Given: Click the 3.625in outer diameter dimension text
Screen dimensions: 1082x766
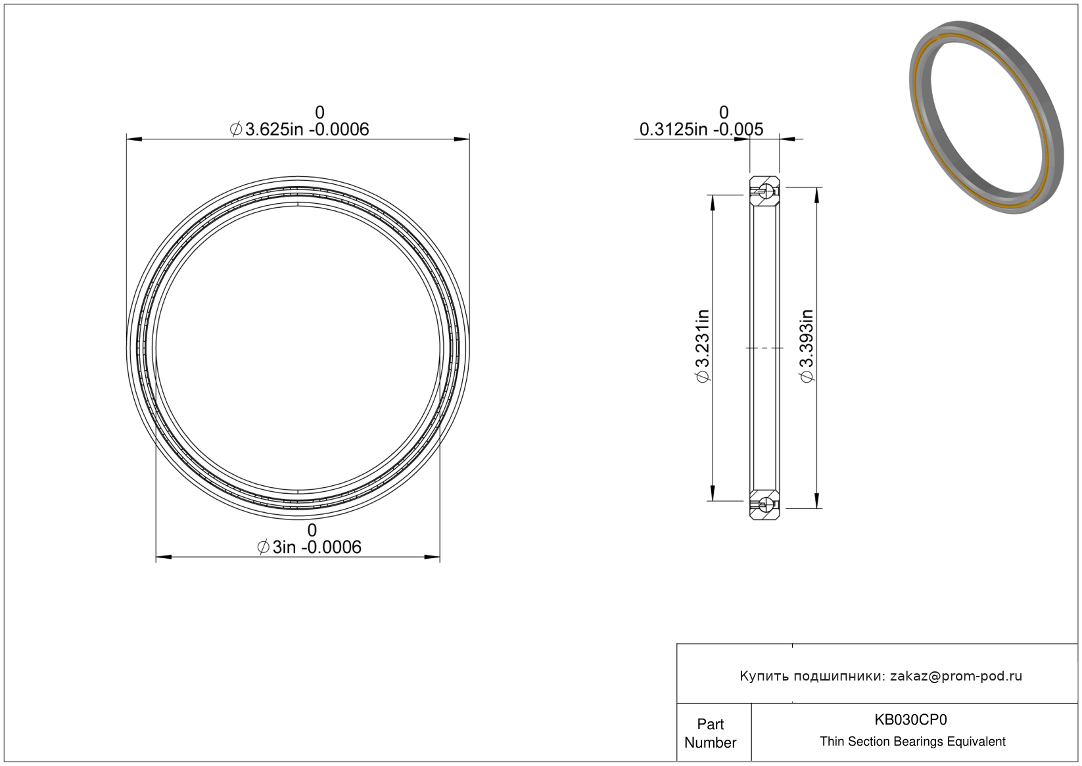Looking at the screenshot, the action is (300, 130).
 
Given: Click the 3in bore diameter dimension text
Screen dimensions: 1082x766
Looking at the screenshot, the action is (309, 547).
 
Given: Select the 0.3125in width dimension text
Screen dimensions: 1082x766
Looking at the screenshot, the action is (701, 130).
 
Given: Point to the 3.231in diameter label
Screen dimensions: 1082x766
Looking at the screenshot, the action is (703, 346).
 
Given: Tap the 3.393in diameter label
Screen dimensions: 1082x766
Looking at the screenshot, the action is (807, 346).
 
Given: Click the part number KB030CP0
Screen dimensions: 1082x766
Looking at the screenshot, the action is (910, 719).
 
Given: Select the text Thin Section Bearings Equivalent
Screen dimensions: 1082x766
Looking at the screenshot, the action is (912, 742).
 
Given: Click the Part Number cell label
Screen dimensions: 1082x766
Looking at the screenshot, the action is (710, 733).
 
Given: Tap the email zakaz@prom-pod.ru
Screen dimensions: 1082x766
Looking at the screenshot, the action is (956, 676).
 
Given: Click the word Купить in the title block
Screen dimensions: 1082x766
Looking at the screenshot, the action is (764, 676).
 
